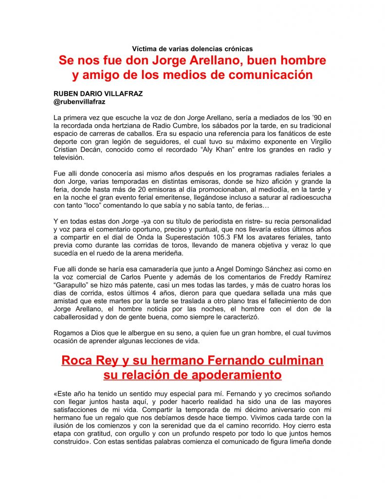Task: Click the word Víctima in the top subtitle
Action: (144, 49)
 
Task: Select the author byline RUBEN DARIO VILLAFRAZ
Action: (98, 94)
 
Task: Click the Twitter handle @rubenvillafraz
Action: (80, 102)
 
